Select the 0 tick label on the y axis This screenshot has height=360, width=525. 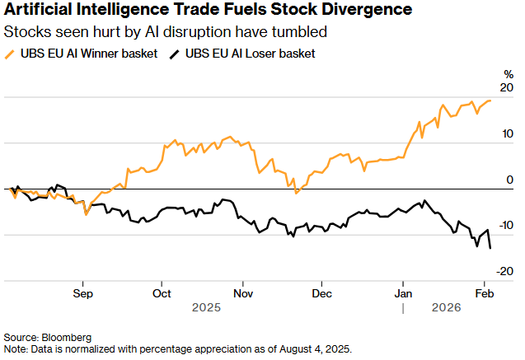[x=510, y=180]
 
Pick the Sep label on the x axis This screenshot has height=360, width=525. [x=82, y=293]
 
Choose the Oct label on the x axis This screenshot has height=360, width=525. [x=162, y=293]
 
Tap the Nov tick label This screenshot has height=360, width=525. [x=242, y=293]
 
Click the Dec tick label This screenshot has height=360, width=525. [x=322, y=293]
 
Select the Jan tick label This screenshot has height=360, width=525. [x=403, y=293]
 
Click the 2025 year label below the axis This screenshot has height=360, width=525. [x=203, y=307]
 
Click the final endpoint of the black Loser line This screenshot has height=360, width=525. [x=491, y=248]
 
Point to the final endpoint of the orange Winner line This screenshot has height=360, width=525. [x=491, y=101]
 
